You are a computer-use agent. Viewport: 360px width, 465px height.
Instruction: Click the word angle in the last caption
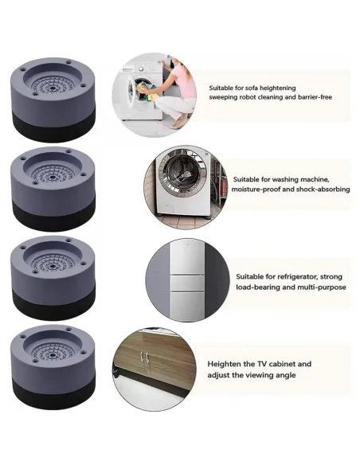(x=286, y=375)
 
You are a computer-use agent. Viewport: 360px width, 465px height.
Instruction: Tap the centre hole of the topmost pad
(x=53, y=88)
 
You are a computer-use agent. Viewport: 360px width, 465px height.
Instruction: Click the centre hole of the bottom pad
(x=53, y=354)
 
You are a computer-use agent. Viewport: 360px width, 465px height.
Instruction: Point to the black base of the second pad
(x=53, y=213)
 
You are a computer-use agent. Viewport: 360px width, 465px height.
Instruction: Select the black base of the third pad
(x=53, y=303)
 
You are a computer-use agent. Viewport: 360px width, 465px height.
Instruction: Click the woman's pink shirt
(x=185, y=80)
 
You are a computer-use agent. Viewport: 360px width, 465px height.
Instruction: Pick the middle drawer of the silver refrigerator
(x=187, y=283)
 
